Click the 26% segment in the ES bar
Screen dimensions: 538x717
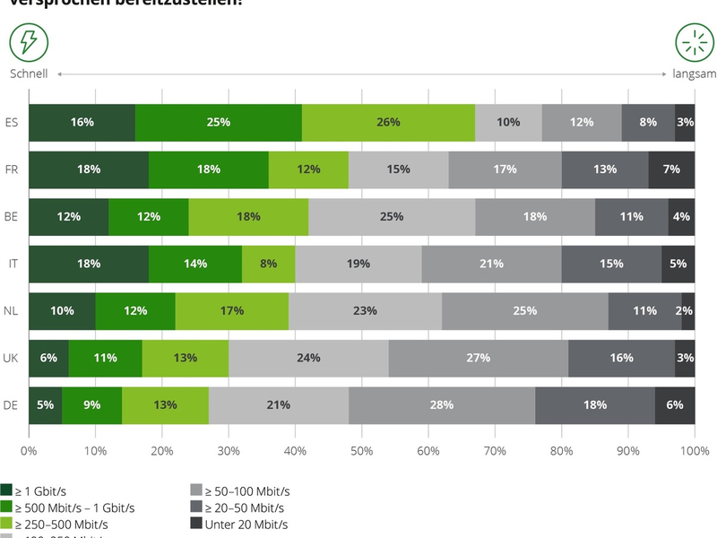[388, 122]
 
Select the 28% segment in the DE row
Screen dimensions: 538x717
[441, 404]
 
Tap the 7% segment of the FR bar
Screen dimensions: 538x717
[671, 169]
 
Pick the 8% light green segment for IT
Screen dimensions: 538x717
[268, 264]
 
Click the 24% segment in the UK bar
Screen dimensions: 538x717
[308, 358]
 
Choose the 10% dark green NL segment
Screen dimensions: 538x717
[62, 310]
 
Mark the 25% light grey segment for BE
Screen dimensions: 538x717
[392, 216]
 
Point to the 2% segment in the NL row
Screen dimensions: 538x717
[687, 310]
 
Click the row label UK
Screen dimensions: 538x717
[12, 358]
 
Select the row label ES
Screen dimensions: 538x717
[12, 122]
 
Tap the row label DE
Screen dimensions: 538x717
[12, 404]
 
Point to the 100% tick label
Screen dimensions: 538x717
[695, 451]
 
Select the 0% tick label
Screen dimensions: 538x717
[29, 451]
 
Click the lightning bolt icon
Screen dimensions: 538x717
[29, 42]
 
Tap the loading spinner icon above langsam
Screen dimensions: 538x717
[694, 42]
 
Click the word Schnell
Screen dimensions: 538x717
[29, 74]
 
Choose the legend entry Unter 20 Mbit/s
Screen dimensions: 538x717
[238, 524]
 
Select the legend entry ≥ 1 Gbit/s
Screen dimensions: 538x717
[44, 490]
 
